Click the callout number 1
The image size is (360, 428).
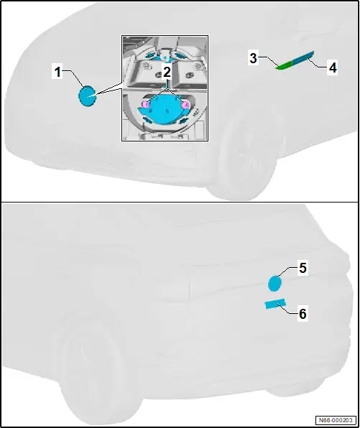click(x=57, y=72)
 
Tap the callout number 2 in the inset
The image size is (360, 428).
click(x=167, y=72)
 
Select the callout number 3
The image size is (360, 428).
click(x=253, y=58)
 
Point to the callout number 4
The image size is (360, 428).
click(x=333, y=68)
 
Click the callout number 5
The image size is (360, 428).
click(x=303, y=268)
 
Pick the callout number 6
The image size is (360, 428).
click(x=303, y=314)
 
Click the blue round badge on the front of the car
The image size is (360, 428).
click(x=87, y=96)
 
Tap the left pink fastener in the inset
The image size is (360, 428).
click(x=146, y=104)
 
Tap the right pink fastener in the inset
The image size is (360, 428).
click(x=186, y=104)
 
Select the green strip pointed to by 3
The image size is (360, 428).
click(x=285, y=65)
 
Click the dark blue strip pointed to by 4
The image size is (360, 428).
click(x=303, y=57)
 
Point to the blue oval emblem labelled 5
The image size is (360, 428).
click(x=274, y=284)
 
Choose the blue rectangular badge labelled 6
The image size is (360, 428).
click(x=275, y=304)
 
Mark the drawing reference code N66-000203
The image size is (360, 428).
click(x=336, y=420)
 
